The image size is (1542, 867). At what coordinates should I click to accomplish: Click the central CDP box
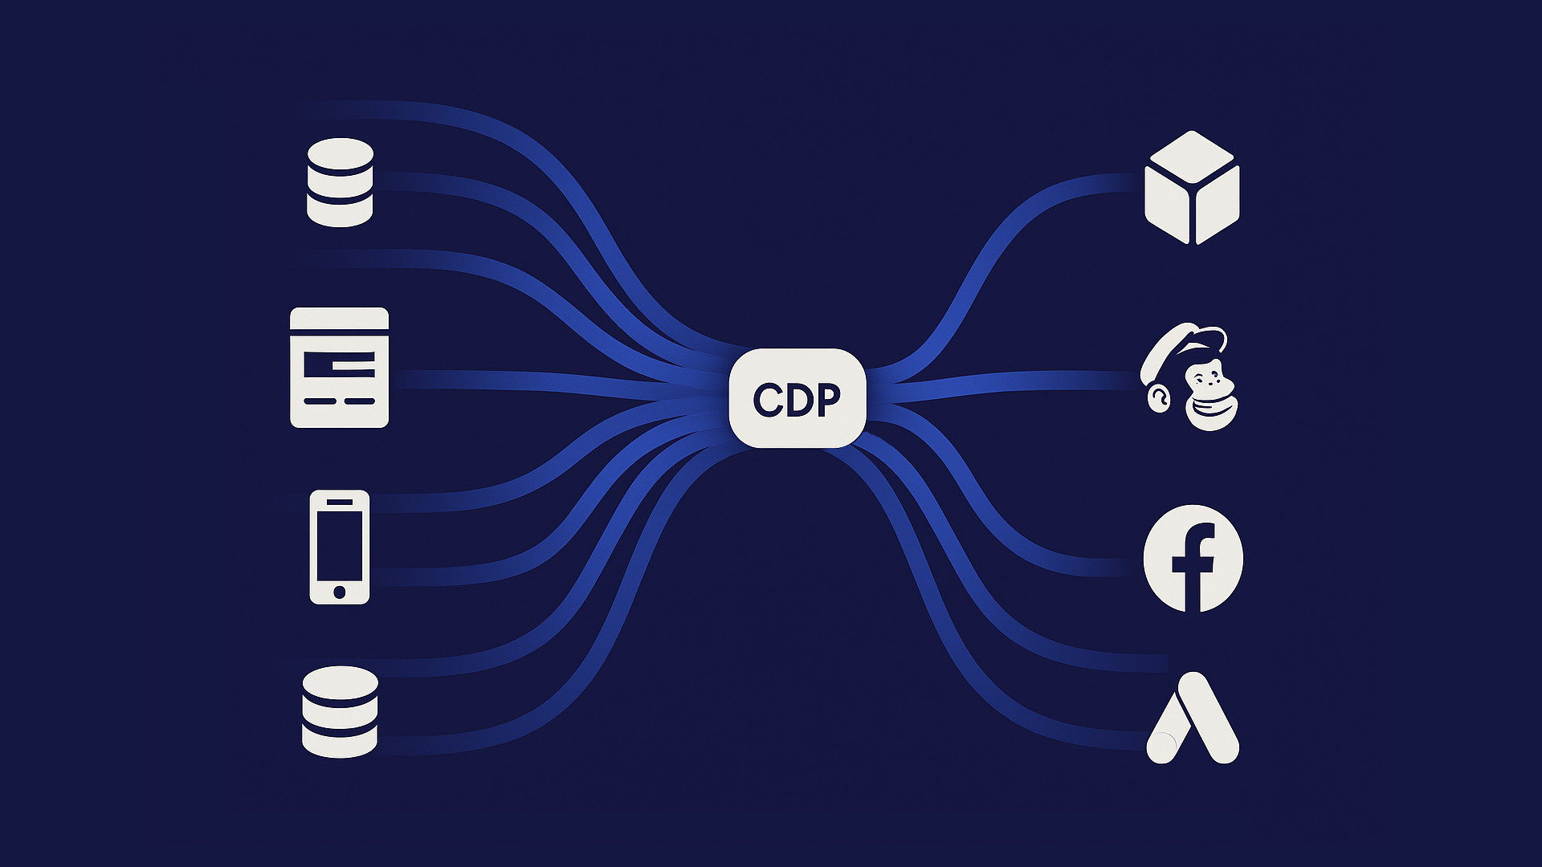point(797,398)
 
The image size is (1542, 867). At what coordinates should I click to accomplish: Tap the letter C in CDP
point(767,400)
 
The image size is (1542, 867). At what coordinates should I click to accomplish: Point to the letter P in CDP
point(828,399)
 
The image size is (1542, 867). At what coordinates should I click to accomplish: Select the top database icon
point(340,182)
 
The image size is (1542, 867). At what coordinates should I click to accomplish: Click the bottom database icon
point(340,711)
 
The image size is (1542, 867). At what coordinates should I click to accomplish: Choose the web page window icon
point(339,367)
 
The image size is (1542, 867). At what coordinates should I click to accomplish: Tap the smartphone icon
point(340,547)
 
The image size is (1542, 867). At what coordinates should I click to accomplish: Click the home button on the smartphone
point(340,592)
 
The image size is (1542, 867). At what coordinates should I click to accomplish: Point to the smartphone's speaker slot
point(340,503)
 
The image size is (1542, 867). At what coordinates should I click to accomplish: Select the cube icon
point(1192,188)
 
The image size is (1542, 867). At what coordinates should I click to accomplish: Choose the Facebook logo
point(1193,559)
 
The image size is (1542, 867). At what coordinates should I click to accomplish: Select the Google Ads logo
point(1193,718)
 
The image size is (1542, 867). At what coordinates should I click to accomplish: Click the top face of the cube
point(1192,159)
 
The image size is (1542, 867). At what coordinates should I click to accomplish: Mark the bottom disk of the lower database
point(340,739)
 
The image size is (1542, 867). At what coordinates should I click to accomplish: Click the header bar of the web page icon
point(339,320)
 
